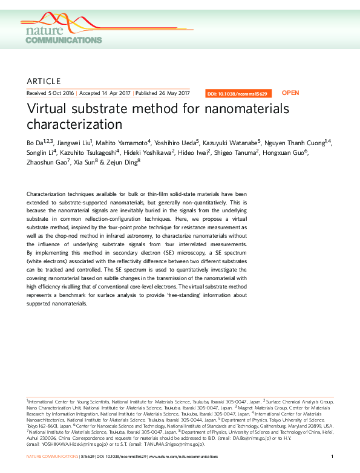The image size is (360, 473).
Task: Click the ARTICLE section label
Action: [44, 81]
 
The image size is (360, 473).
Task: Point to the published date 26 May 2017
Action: [173, 94]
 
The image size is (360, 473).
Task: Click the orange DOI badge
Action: [238, 94]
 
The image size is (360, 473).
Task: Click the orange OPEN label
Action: [290, 93]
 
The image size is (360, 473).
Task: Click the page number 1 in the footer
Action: [333, 455]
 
